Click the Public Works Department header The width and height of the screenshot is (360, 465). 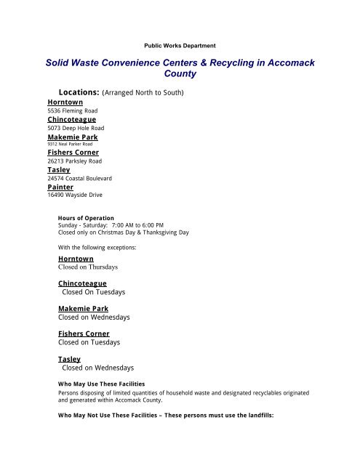(179, 45)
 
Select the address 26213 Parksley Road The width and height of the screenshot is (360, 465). (79, 161)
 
